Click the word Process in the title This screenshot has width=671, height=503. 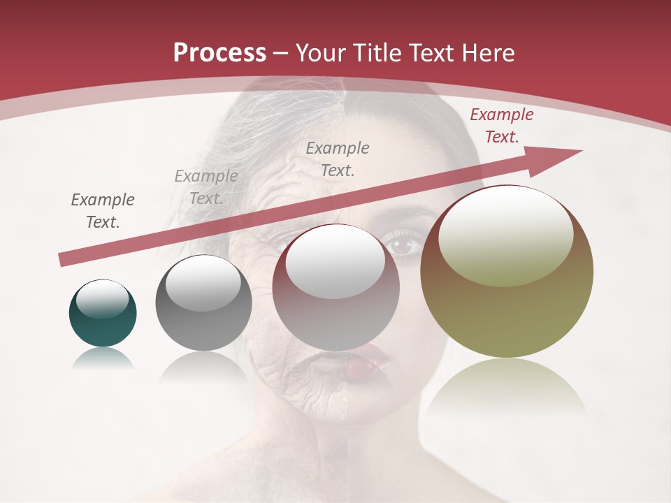pyautogui.click(x=219, y=53)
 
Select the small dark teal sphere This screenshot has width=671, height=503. pyautogui.click(x=103, y=314)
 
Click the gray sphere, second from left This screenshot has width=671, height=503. pyautogui.click(x=203, y=303)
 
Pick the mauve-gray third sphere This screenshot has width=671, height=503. pyautogui.click(x=336, y=288)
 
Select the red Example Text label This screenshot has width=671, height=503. pyautogui.click(x=501, y=126)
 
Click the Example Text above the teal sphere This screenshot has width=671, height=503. pyautogui.click(x=103, y=211)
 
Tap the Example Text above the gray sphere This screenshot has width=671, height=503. pyautogui.click(x=206, y=187)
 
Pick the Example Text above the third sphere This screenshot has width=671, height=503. pyautogui.click(x=338, y=159)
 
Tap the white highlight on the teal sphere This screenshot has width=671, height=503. pyautogui.click(x=102, y=299)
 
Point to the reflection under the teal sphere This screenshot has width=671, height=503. pyautogui.click(x=103, y=358)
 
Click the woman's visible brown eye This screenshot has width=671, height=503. pyautogui.click(x=403, y=245)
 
